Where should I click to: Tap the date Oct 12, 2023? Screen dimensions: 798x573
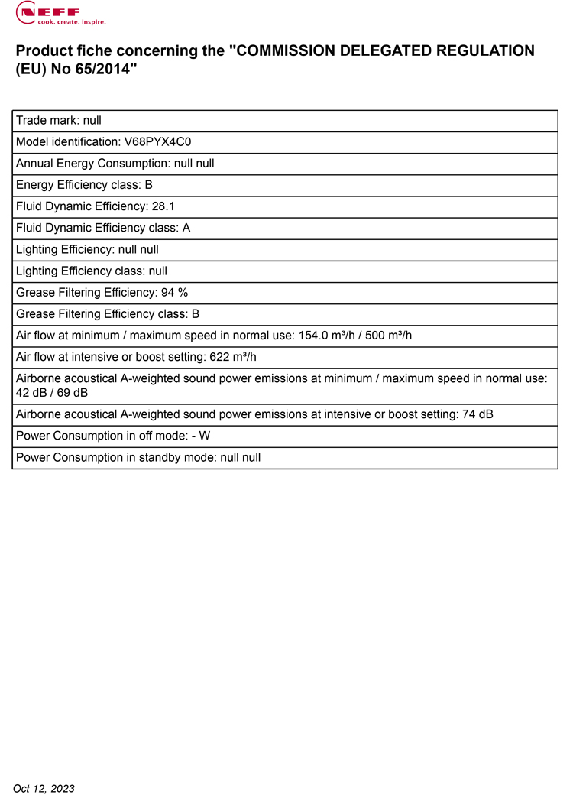point(44,788)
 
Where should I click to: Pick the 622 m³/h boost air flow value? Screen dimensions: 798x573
point(233,356)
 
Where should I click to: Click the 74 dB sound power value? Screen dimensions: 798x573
point(477,414)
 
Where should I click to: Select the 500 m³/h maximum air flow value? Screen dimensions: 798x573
point(387,335)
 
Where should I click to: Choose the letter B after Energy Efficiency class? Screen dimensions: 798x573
point(149,185)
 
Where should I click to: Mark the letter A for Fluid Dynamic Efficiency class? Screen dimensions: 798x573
point(186,228)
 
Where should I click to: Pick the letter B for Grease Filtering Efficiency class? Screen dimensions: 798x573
point(196,313)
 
